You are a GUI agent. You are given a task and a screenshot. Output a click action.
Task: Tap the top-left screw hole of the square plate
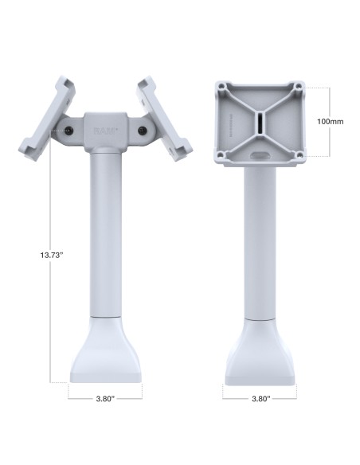(222, 85)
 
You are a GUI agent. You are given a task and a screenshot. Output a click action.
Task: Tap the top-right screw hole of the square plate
(297, 85)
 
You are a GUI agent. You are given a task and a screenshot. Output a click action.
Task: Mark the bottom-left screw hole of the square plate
(222, 154)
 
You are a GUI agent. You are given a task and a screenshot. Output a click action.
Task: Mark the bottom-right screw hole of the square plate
(297, 154)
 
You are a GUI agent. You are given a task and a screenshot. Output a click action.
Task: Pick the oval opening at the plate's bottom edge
(260, 152)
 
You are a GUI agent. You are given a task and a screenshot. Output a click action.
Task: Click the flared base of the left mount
(105, 350)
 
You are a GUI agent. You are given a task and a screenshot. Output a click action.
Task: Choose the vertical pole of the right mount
(260, 239)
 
